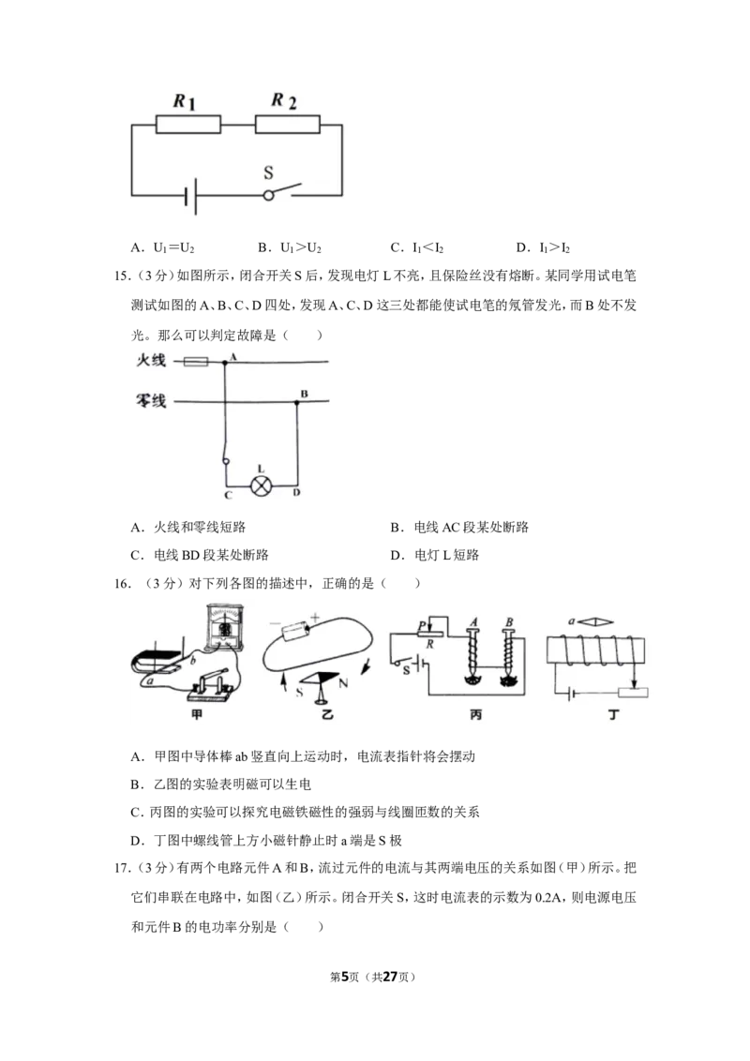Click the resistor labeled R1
coord(188,125)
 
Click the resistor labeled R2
coord(287,125)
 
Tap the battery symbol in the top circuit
coord(191,196)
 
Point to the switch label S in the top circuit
coord(269,172)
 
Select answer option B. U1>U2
coord(289,247)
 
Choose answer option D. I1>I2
coord(542,247)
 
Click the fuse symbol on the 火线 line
coord(196,362)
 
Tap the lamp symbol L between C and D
coord(262,486)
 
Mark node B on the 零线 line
coord(296,402)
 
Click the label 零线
coord(151,401)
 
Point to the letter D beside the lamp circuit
coord(296,493)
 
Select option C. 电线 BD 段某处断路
coord(200,555)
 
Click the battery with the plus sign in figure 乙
coord(296,631)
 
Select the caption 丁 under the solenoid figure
coord(613,714)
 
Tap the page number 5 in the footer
coord(345,977)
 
